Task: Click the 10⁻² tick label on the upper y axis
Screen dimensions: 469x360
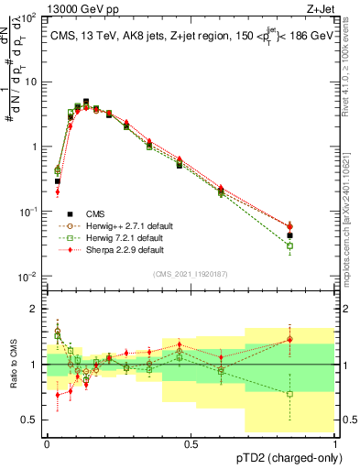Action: click(x=29, y=277)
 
